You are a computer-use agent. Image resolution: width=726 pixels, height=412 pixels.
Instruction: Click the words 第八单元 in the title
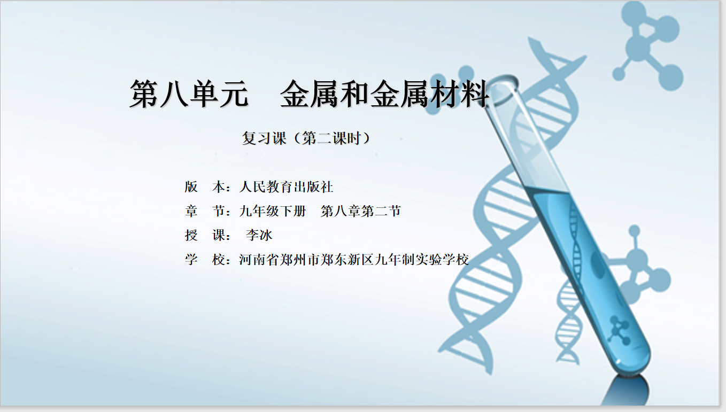189,94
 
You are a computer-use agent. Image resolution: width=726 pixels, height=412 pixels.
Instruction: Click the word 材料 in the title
460,94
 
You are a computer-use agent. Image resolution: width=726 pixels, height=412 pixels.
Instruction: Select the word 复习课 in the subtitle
264,138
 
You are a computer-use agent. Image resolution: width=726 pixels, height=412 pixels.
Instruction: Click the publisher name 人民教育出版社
286,187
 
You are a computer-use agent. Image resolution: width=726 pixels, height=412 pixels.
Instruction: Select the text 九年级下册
273,211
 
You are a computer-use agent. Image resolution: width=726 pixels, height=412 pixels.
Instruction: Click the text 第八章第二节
361,211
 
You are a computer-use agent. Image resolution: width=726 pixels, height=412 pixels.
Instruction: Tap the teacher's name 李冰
259,235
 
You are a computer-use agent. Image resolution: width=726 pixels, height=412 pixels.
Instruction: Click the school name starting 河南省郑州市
354,260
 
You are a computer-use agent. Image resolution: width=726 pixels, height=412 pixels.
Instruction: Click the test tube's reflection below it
627,391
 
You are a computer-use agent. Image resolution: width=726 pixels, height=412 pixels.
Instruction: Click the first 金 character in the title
295,94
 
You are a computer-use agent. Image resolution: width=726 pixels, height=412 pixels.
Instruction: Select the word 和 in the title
354,94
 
